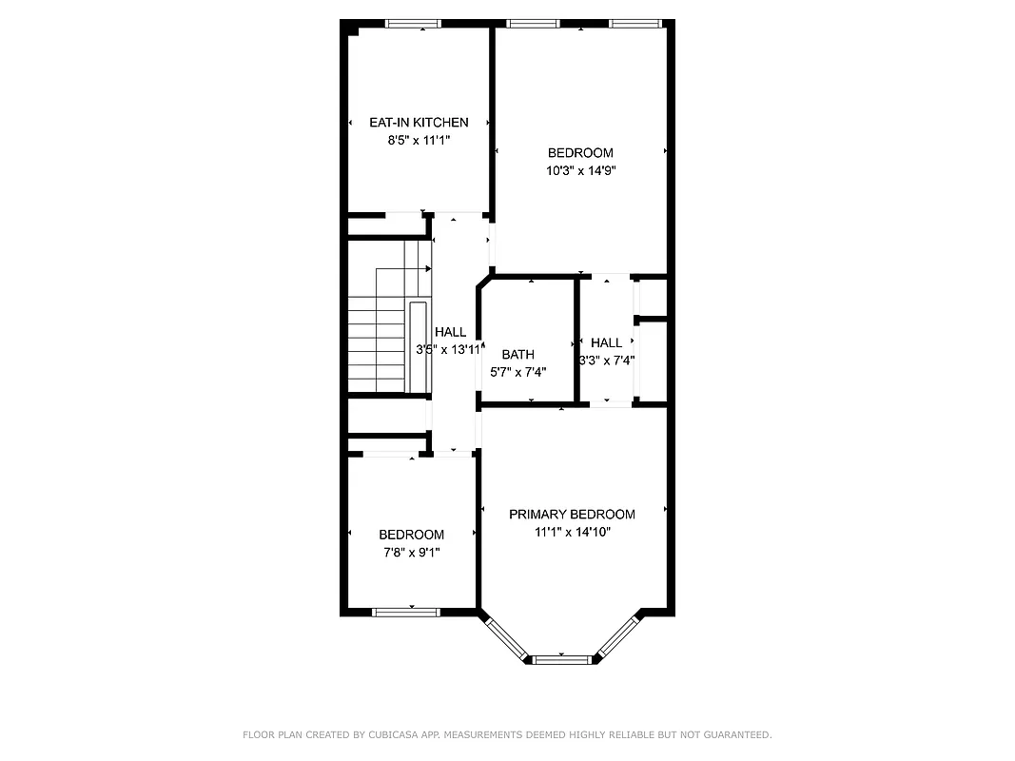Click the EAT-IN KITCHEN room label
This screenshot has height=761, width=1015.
click(419, 123)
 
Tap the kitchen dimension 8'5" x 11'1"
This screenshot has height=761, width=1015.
click(419, 140)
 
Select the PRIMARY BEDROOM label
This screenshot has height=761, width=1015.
click(572, 515)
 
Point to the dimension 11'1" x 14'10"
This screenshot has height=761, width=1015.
click(572, 533)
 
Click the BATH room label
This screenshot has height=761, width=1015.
click(517, 355)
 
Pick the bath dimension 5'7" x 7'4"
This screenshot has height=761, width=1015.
click(517, 372)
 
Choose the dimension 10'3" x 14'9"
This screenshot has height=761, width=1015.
click(580, 171)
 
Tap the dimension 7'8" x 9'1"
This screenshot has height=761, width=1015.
click(411, 552)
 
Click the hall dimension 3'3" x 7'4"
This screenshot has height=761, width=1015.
click(607, 361)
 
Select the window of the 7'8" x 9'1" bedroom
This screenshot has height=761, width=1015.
click(405, 612)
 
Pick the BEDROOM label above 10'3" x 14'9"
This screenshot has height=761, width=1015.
click(580, 153)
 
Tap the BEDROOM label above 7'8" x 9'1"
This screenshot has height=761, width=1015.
click(411, 535)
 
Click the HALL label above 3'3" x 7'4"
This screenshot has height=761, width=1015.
click(606, 342)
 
